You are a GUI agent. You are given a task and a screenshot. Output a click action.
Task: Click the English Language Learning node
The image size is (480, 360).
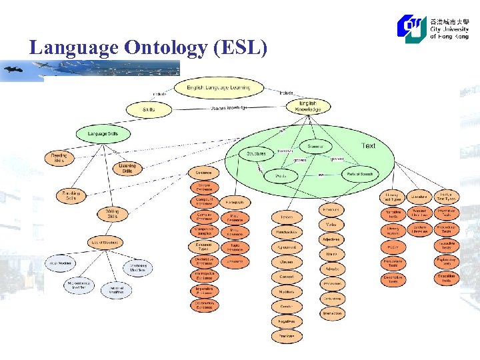219,87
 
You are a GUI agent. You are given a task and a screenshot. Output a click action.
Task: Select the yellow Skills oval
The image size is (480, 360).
149,108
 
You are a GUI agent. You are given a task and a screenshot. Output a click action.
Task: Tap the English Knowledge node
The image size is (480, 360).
307,106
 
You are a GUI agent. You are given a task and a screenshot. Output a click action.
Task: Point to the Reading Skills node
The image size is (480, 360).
59,157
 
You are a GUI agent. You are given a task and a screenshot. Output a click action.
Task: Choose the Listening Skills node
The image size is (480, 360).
127,168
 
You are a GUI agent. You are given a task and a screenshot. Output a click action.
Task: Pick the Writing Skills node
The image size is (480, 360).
112,213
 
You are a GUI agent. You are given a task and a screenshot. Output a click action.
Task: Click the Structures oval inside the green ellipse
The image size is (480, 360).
256,153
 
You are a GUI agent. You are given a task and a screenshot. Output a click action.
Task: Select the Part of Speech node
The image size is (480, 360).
359,174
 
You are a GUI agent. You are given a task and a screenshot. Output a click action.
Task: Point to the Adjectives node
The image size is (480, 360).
331,239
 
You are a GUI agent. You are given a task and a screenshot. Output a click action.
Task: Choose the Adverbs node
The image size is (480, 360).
331,269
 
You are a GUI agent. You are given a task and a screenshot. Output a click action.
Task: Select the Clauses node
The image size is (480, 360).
286,262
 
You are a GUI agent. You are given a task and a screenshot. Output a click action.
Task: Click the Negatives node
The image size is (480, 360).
286,321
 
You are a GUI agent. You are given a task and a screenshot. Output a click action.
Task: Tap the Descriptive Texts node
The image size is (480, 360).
393,279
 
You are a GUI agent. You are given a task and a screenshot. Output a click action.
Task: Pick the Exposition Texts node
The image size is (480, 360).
446,278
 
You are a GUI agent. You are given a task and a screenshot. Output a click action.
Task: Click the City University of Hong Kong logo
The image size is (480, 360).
433,28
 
